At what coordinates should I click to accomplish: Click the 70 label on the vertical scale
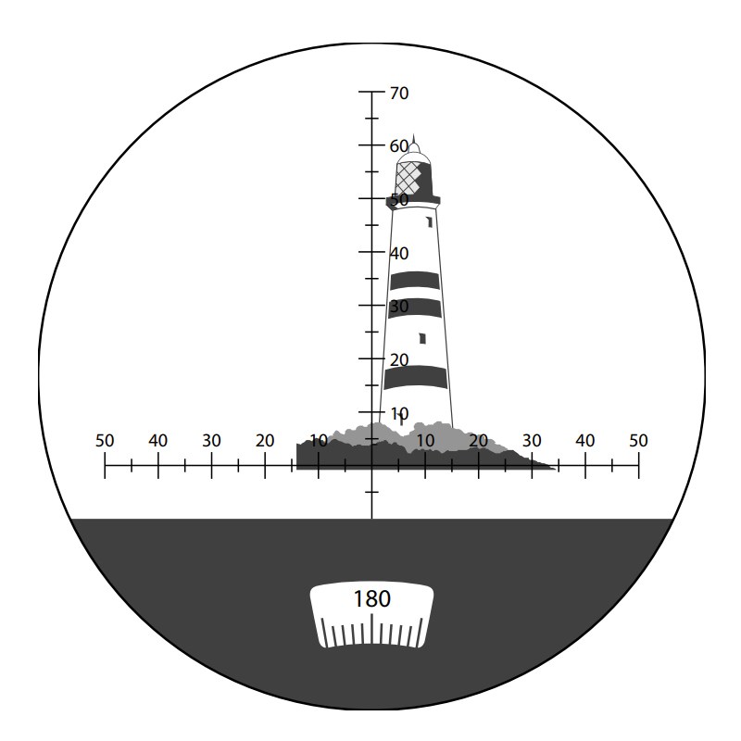399,94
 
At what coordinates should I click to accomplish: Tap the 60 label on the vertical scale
399,146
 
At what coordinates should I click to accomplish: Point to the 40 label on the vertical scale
399,254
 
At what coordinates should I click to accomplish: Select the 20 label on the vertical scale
399,360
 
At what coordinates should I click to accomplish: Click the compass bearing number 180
372,599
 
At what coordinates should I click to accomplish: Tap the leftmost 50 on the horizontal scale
105,441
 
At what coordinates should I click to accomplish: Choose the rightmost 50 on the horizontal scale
638,441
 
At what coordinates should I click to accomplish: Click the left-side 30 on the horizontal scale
211,441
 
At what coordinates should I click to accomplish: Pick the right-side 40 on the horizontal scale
584,441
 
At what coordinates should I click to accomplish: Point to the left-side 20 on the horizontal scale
265,441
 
